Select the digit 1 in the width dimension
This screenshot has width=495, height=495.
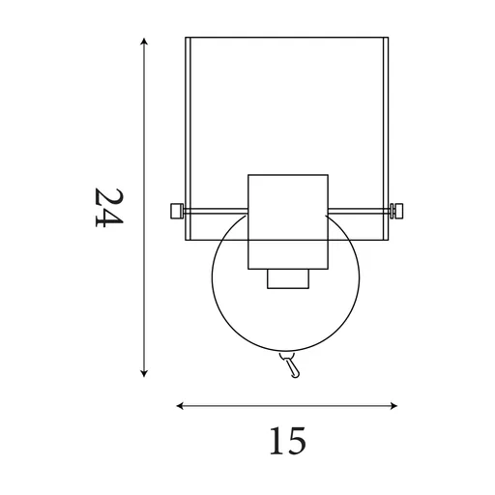click(x=275, y=441)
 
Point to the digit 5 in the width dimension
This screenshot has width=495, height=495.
click(x=295, y=442)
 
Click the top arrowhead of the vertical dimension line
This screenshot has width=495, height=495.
click(x=144, y=42)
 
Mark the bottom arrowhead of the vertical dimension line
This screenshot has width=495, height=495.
click(x=144, y=372)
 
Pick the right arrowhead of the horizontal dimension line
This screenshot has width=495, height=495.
click(x=396, y=406)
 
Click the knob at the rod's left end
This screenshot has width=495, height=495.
click(x=175, y=210)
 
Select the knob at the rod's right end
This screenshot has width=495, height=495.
click(x=398, y=210)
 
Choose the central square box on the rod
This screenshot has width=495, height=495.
click(x=288, y=221)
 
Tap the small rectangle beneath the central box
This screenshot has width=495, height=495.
click(x=287, y=278)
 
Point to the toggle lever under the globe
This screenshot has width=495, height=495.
click(x=290, y=365)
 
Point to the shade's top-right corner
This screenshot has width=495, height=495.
click(x=390, y=39)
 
